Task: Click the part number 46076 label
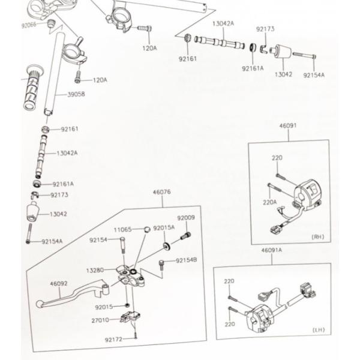pyautogui.click(x=162, y=193)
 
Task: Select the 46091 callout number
pyautogui.click(x=288, y=127)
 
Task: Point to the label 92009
pyautogui.click(x=186, y=217)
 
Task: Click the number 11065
pyautogui.click(x=124, y=229)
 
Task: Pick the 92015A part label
pyautogui.click(x=163, y=229)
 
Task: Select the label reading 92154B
pyautogui.click(x=187, y=260)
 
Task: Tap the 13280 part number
pyautogui.click(x=96, y=271)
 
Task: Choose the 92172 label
pyautogui.click(x=113, y=340)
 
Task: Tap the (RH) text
pyautogui.click(x=317, y=237)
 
